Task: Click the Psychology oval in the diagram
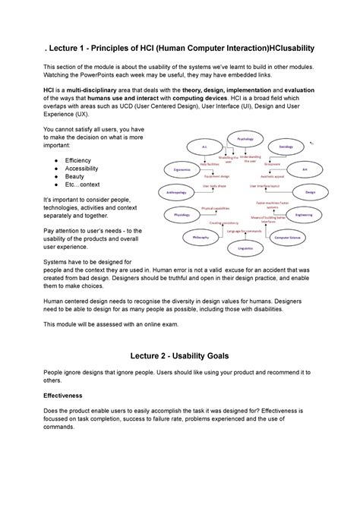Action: tap(245, 139)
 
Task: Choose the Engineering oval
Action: tap(304, 215)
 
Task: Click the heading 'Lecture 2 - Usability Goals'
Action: tap(180, 355)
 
